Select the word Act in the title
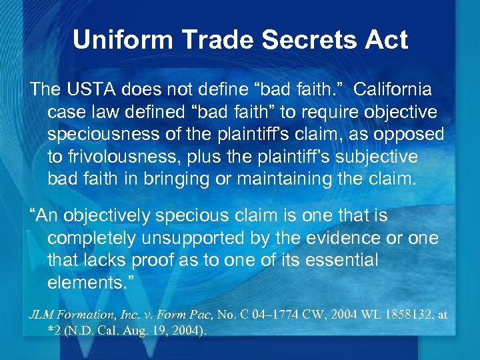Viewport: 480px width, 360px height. (x=385, y=40)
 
